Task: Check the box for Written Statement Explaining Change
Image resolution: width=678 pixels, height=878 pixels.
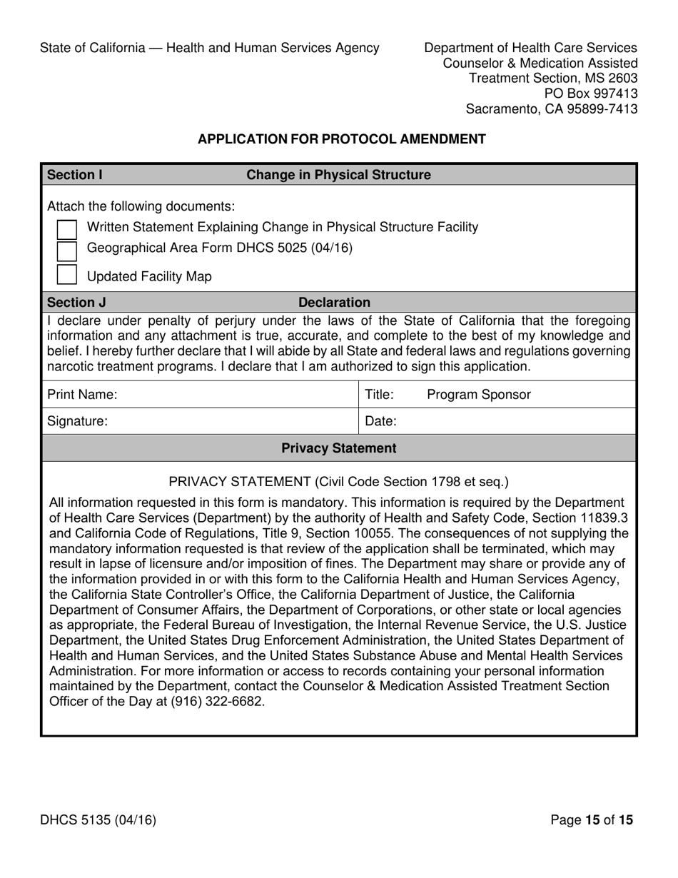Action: click(x=66, y=228)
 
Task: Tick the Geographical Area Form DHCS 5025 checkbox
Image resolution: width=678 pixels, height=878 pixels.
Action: click(x=66, y=250)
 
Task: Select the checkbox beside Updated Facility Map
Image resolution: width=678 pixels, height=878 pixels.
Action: click(x=66, y=276)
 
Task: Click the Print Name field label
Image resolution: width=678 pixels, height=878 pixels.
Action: click(x=82, y=395)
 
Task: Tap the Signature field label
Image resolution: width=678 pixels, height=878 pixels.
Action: click(x=77, y=422)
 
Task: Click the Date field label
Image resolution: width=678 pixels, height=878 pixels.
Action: click(x=380, y=422)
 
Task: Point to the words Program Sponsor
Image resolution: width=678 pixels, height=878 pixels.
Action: click(x=478, y=395)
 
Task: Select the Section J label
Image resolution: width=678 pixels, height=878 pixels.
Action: click(x=76, y=303)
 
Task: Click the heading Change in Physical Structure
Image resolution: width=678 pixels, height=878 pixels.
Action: click(x=338, y=175)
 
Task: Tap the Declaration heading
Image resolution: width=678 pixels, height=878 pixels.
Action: click(x=334, y=303)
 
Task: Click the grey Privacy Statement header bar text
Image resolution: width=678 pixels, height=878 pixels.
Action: click(x=338, y=448)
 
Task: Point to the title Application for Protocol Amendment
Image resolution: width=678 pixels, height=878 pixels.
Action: click(x=341, y=139)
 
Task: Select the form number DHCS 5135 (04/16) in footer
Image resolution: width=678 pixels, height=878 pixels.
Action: click(x=98, y=820)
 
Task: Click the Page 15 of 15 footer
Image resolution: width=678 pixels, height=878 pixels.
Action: click(x=592, y=820)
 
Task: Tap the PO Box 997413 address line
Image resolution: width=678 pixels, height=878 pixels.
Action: click(x=591, y=94)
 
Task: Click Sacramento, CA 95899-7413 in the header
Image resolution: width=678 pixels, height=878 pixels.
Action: click(x=551, y=109)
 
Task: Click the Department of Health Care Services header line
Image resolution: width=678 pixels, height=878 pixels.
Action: click(x=530, y=48)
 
